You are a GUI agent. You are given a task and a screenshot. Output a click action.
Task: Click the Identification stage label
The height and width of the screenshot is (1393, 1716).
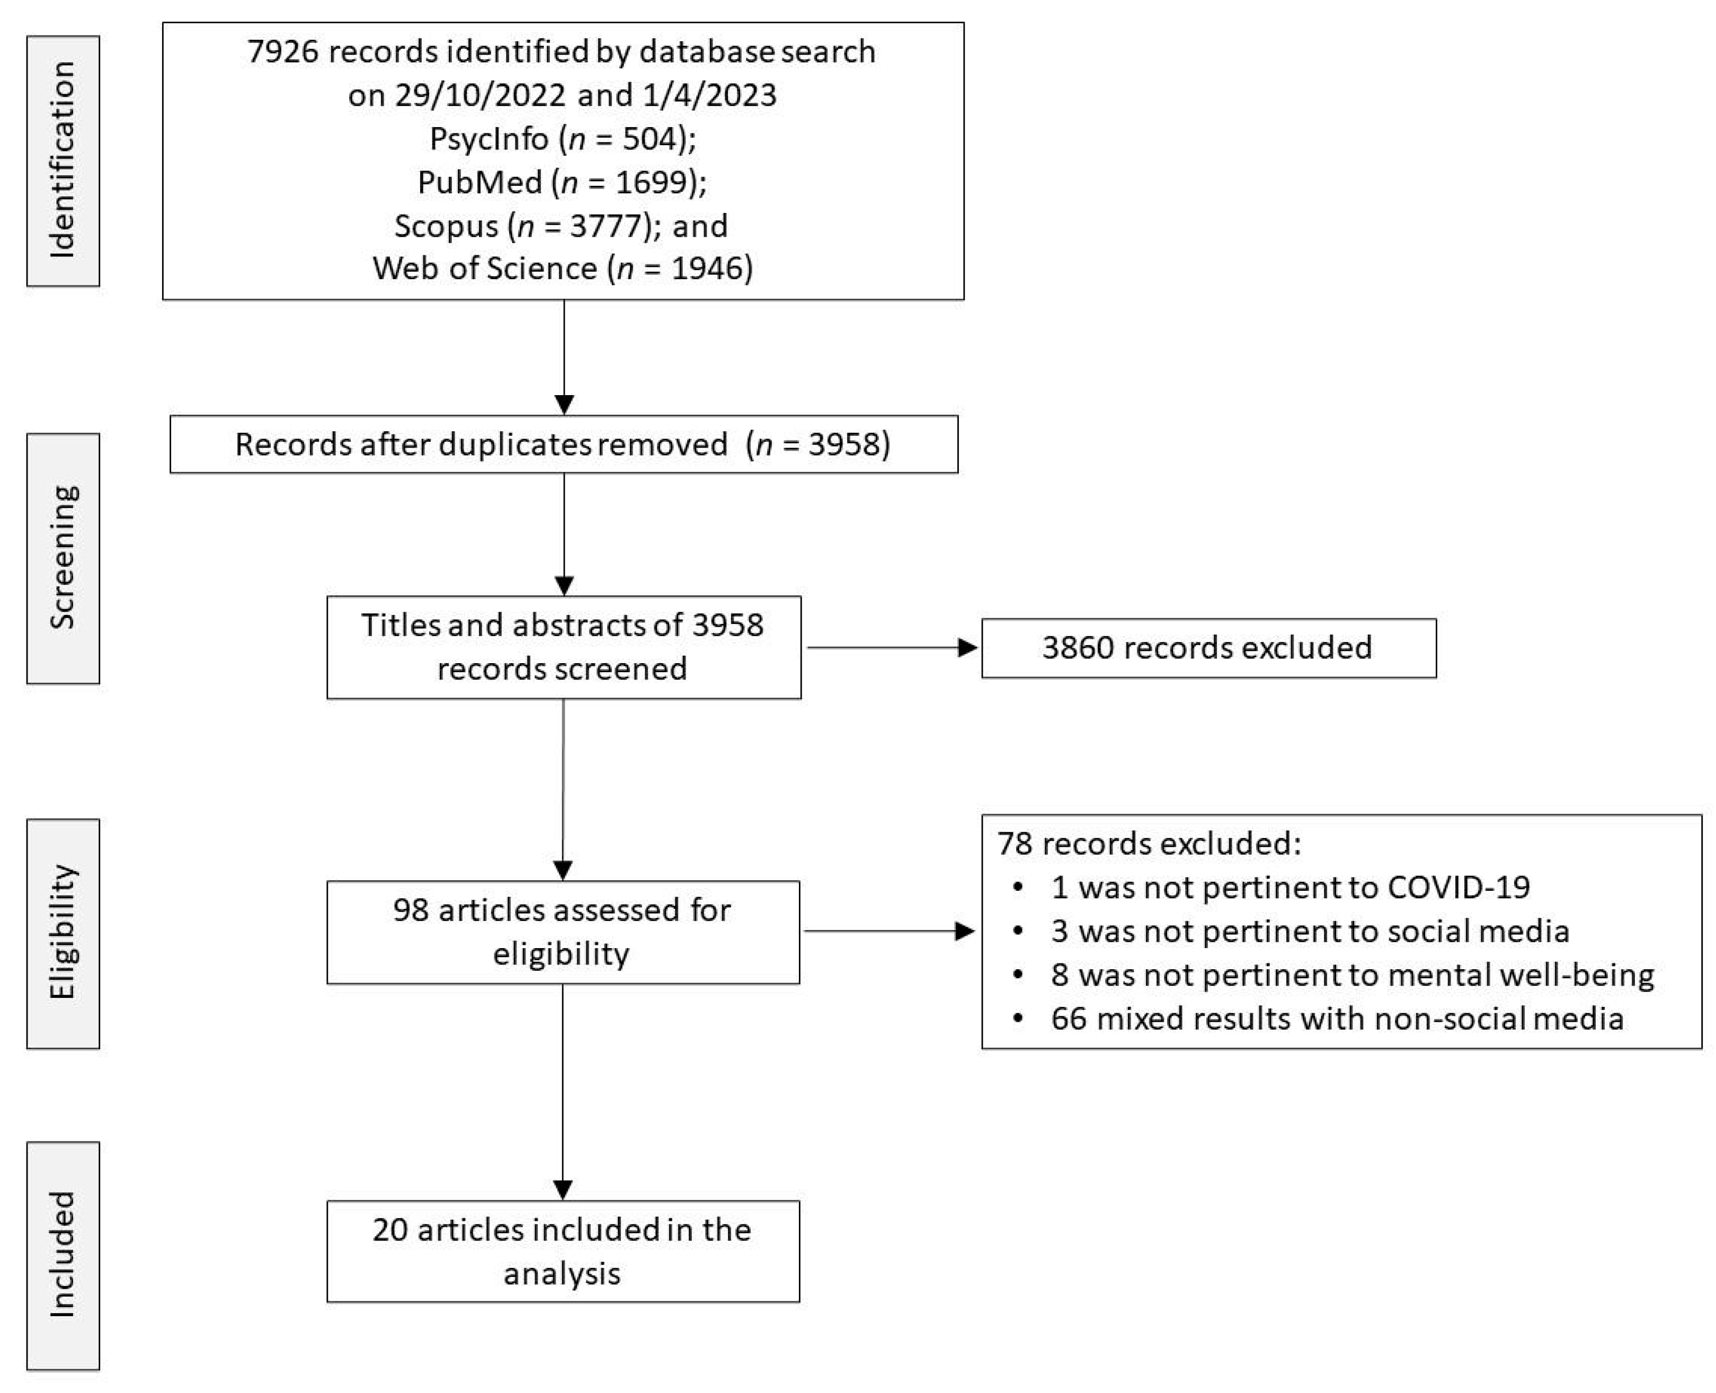(x=63, y=160)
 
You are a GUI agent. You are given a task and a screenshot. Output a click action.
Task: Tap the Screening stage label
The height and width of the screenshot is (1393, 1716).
(x=63, y=558)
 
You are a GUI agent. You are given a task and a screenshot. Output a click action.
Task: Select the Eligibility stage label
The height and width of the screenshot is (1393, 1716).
(x=63, y=933)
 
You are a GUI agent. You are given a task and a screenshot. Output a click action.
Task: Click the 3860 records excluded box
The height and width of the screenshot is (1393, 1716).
(x=1208, y=648)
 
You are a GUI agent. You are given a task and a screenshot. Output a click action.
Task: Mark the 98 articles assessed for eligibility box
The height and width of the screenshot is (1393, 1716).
(x=563, y=932)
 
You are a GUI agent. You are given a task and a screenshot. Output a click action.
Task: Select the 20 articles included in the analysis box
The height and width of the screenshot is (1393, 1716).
(x=563, y=1251)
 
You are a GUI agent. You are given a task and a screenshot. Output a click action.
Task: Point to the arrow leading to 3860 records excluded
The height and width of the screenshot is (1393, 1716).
(x=891, y=648)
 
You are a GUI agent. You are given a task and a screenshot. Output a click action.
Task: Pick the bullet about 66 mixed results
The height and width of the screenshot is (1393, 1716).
(x=1336, y=1019)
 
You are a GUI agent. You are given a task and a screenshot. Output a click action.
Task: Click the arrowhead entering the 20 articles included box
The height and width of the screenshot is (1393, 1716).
(x=563, y=1189)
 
